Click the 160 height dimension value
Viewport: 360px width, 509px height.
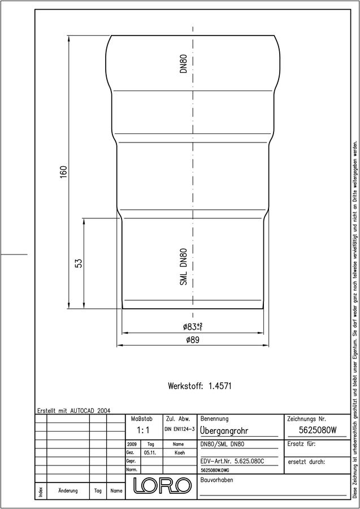click(63, 171)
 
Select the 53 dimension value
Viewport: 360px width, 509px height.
click(79, 262)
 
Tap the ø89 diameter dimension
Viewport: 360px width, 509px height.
click(192, 340)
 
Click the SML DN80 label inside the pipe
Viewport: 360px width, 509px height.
click(184, 266)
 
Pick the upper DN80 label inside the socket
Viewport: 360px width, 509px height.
click(184, 63)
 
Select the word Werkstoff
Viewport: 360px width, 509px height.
click(185, 386)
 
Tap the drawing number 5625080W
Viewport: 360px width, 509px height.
click(318, 430)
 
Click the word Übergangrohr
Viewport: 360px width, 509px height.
click(224, 431)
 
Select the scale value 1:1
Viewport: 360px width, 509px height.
click(143, 430)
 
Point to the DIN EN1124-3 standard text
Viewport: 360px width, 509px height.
click(180, 429)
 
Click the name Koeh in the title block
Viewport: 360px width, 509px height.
click(180, 452)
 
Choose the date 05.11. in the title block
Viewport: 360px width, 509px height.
click(150, 452)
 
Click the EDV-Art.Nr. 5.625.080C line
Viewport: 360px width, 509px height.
click(230, 460)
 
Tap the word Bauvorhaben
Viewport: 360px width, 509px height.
click(216, 480)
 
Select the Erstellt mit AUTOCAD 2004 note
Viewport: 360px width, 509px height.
click(74, 411)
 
